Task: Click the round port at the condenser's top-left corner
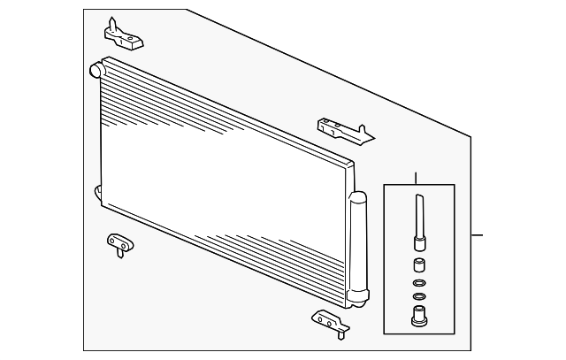[96, 68]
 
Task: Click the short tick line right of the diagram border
[478, 235]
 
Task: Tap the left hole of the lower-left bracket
[113, 240]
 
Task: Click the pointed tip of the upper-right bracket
[371, 137]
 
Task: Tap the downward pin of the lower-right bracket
[339, 333]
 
